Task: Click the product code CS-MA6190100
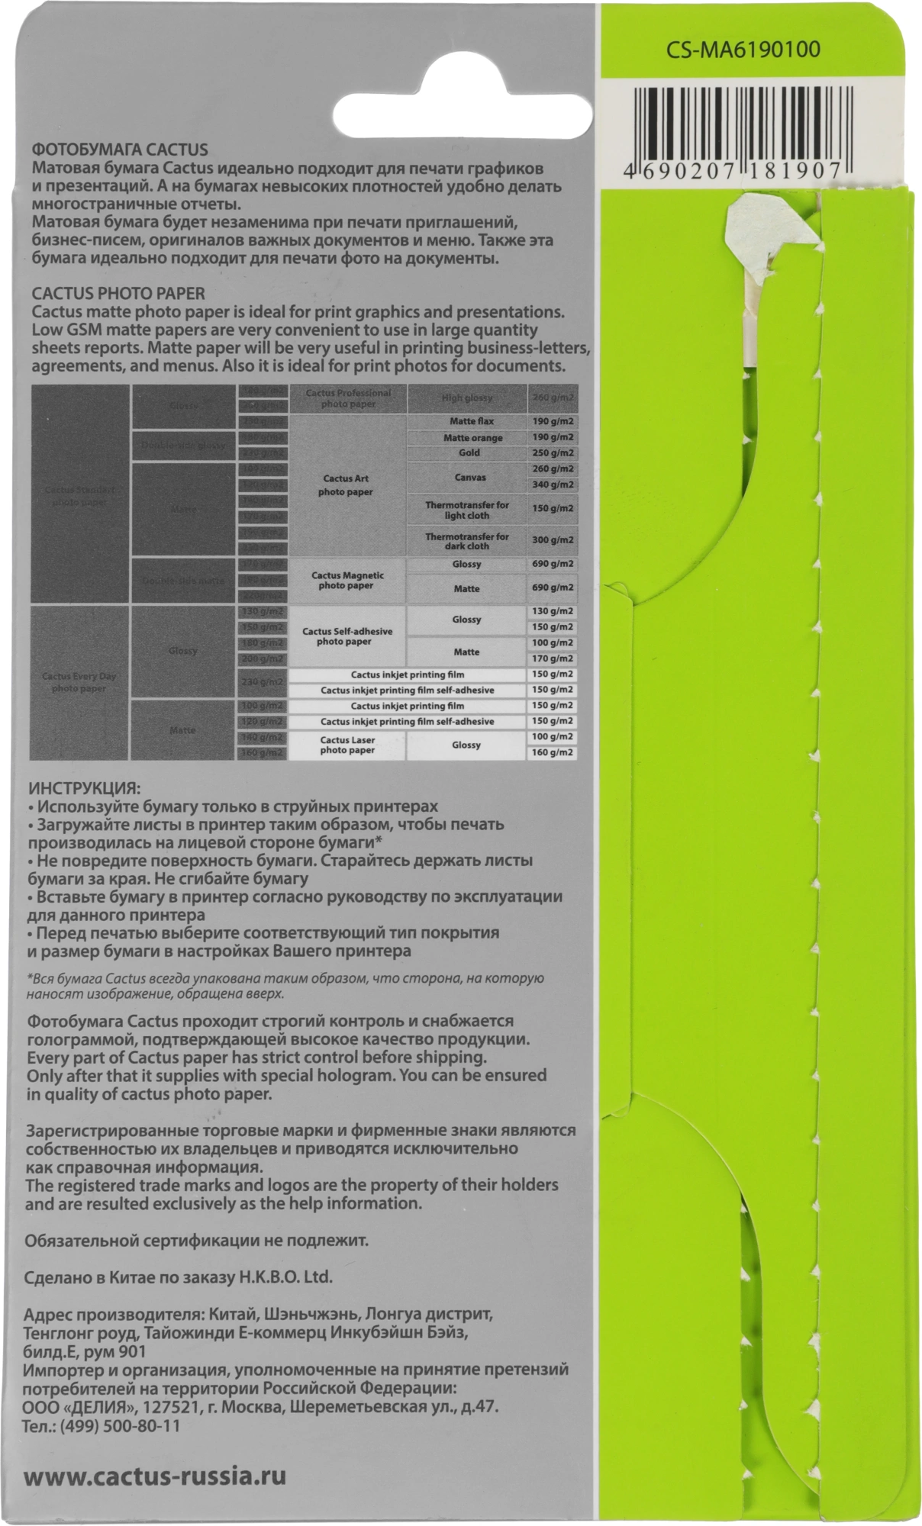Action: [743, 50]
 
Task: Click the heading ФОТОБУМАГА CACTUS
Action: [120, 150]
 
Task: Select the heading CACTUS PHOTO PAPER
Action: [118, 293]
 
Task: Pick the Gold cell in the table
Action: [469, 452]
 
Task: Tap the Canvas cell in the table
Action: [469, 477]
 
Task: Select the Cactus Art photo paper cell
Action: [346, 485]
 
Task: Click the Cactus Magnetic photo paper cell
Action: [347, 581]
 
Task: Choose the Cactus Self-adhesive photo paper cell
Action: [347, 636]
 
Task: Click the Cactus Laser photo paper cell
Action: [347, 745]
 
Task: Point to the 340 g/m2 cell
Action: [553, 485]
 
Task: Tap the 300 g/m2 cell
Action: [553, 540]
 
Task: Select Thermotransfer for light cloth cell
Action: [467, 510]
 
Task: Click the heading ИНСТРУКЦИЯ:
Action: [84, 788]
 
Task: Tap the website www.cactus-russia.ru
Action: [155, 1476]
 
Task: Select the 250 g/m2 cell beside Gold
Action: [553, 453]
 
